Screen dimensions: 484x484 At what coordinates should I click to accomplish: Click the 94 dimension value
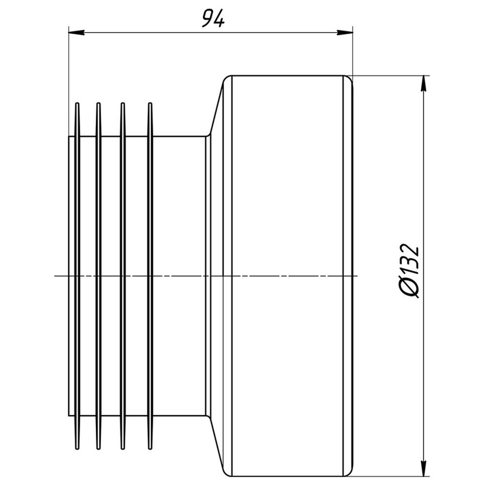click(213, 18)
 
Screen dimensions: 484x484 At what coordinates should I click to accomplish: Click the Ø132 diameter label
click(410, 272)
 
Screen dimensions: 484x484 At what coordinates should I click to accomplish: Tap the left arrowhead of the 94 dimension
click(76, 32)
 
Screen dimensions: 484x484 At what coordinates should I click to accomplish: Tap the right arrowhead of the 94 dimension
click(345, 32)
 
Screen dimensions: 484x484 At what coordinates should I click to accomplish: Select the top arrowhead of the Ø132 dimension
click(424, 84)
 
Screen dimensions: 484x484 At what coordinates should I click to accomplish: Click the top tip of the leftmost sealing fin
click(77, 103)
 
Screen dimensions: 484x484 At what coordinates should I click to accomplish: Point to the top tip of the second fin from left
click(98, 103)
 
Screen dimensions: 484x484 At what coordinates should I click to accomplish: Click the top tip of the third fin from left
click(122, 103)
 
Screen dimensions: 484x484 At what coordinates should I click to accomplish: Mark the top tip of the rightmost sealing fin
click(150, 103)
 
